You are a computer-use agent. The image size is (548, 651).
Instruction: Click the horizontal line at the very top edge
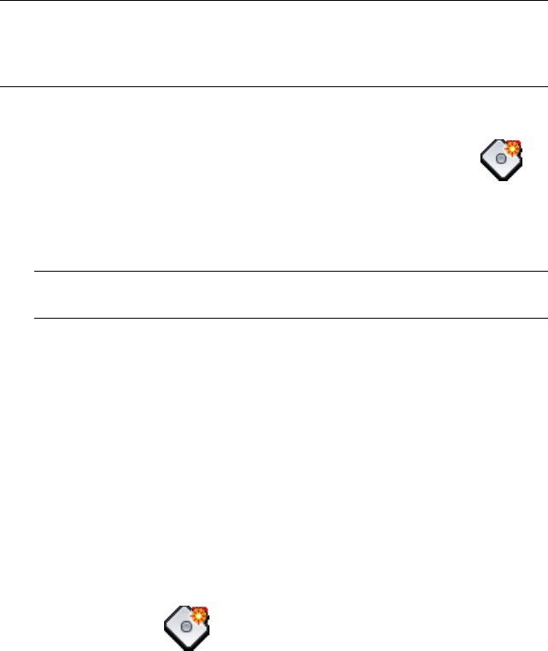coord(274,1)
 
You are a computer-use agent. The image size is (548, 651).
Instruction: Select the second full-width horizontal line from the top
coord(274,85)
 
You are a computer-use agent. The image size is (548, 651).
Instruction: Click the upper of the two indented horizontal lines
coord(289,272)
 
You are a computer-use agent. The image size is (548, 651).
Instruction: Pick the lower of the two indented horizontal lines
coord(289,318)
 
